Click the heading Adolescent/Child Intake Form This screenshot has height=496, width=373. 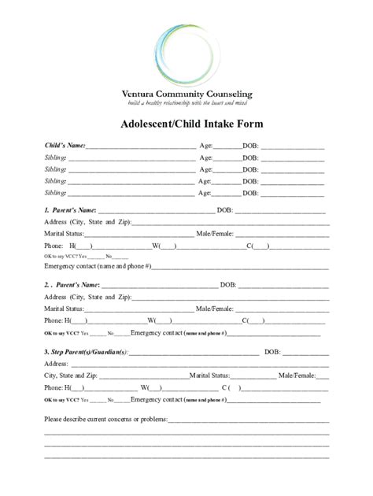186,124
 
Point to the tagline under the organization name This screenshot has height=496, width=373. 186,103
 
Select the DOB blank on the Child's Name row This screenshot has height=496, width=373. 293,146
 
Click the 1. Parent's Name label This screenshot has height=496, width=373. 71,210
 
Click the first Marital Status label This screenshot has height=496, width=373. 65,234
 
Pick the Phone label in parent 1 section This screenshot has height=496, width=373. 54,246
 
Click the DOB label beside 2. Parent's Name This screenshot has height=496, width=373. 228,285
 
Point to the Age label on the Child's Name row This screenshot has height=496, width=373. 207,146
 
